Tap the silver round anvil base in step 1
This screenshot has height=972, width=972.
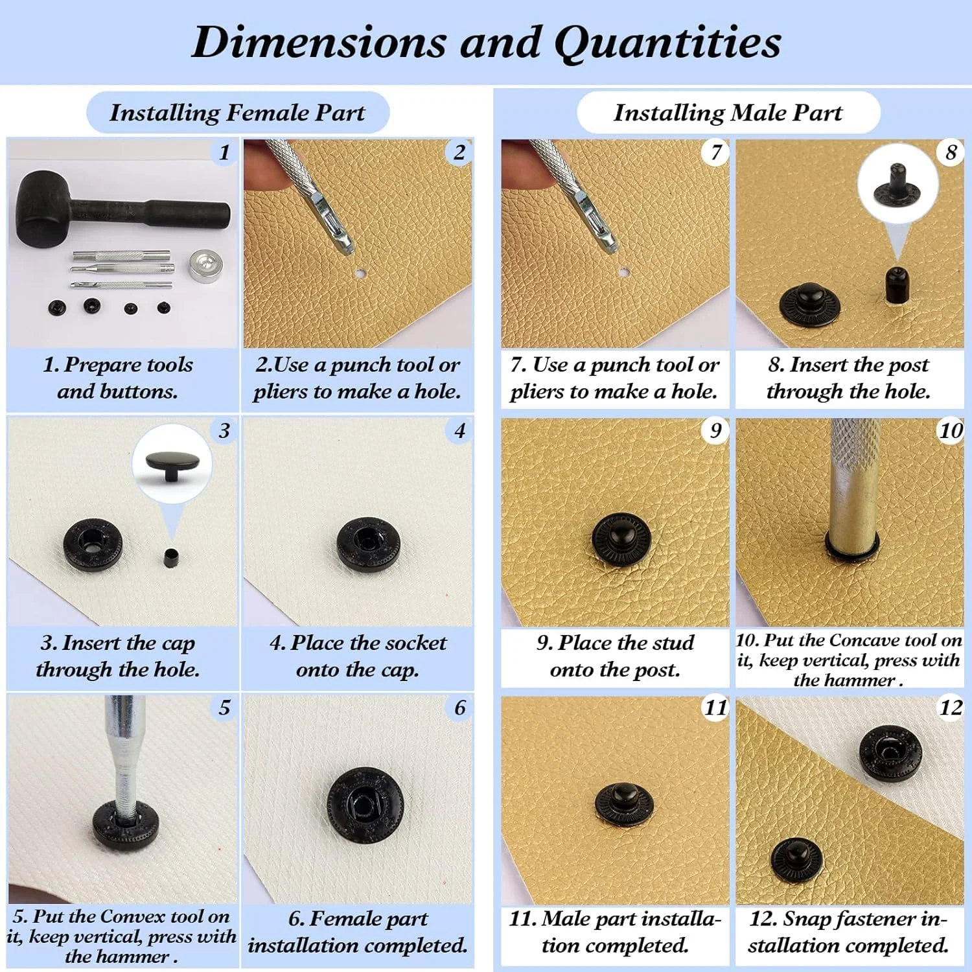click(205, 266)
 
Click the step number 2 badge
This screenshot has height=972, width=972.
click(459, 153)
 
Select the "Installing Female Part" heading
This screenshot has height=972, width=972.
click(237, 113)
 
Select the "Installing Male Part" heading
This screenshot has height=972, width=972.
click(728, 113)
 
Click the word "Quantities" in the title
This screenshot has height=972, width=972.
click(667, 43)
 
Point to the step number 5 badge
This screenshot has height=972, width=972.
click(224, 707)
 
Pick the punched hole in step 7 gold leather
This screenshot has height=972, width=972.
click(623, 272)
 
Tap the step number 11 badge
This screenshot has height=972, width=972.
click(716, 707)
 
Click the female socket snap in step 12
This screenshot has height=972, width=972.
click(890, 754)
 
